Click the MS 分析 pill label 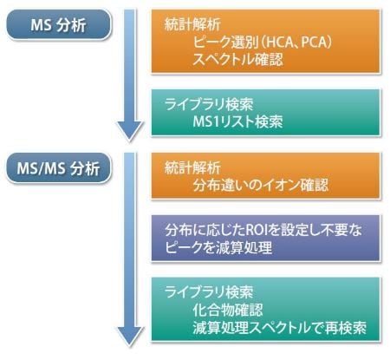point(58,25)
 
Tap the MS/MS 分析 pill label point(58,168)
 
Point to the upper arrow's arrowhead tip point(130,141)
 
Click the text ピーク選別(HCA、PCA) point(262,43)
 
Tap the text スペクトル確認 point(237,60)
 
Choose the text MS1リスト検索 point(237,121)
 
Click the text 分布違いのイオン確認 point(261,185)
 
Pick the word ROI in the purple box point(256,231)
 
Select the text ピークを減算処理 point(218,247)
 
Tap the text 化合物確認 point(228,310)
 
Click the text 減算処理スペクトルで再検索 point(279,328)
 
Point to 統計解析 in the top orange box point(192,24)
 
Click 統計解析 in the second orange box point(192,167)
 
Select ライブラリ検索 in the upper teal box point(209,104)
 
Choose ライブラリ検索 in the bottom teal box point(209,292)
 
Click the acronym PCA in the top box point(314,43)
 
